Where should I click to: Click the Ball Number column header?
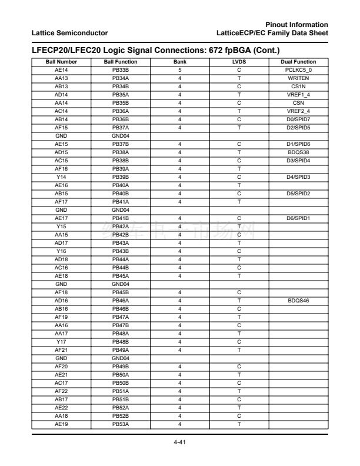[61, 62]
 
